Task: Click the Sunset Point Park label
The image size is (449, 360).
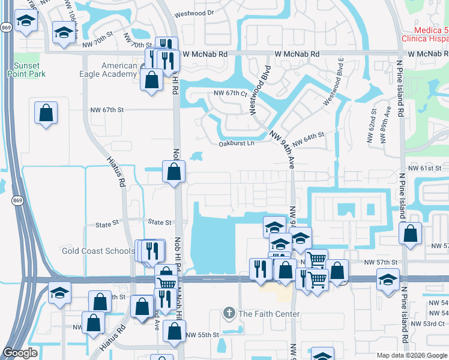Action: (26, 70)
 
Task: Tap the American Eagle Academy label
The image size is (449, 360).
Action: (112, 70)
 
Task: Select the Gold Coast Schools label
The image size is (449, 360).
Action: (98, 251)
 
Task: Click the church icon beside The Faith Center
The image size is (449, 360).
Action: (228, 313)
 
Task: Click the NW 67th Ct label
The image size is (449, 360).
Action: (231, 94)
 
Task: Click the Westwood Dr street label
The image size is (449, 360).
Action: (194, 13)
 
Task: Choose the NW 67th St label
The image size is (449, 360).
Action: (106, 110)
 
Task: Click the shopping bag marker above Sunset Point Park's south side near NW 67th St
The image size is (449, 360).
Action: (46, 112)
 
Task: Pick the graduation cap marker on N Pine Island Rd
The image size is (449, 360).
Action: (388, 279)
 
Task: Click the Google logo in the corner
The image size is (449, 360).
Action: (20, 353)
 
